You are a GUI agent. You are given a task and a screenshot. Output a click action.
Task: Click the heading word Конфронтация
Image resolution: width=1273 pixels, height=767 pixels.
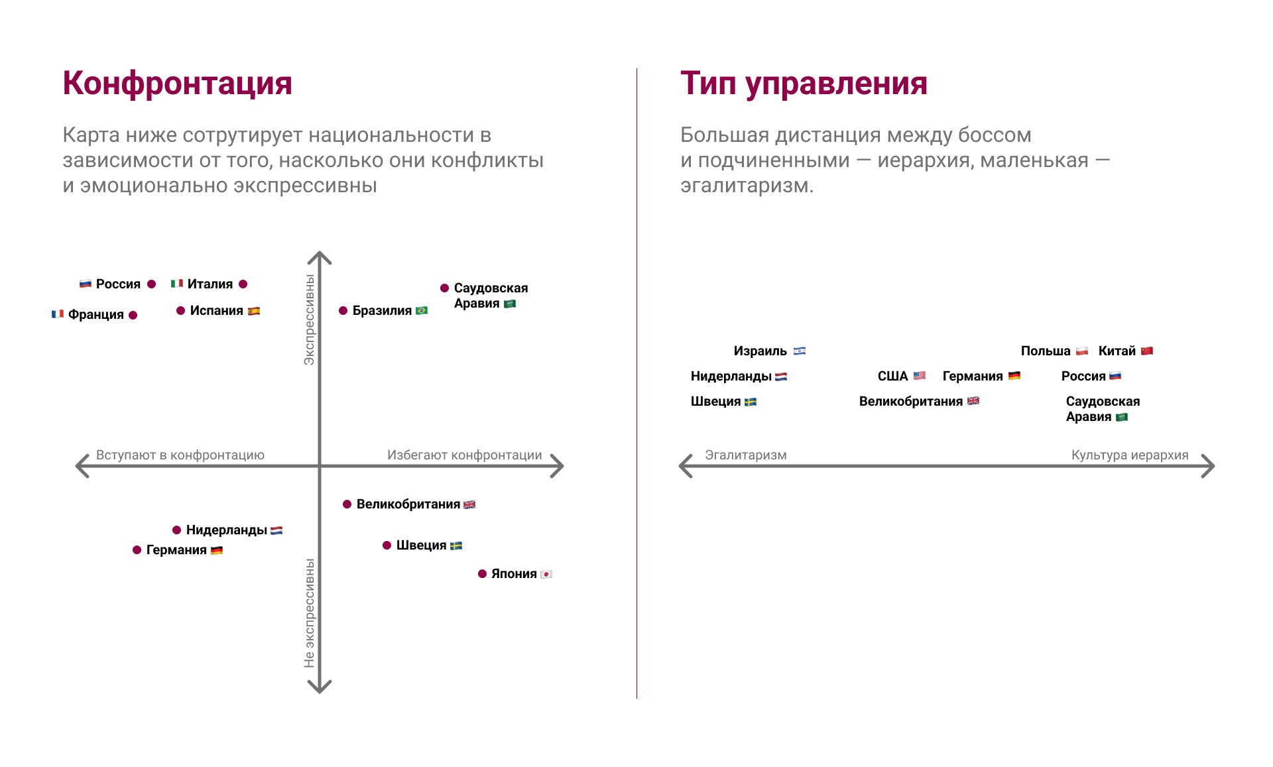pyautogui.click(x=177, y=84)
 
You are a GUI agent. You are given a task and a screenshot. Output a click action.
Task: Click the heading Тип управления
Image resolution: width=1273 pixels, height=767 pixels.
pyautogui.click(x=804, y=84)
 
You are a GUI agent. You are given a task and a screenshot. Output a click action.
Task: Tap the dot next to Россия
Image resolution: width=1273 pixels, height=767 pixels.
pyautogui.click(x=152, y=284)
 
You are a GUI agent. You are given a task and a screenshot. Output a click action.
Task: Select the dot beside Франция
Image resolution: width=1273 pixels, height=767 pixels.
pyautogui.click(x=133, y=316)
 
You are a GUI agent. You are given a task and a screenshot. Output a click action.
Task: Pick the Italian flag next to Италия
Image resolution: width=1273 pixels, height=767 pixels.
pyautogui.click(x=177, y=284)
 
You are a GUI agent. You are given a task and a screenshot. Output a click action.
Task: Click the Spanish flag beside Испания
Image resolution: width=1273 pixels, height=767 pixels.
pyautogui.click(x=254, y=311)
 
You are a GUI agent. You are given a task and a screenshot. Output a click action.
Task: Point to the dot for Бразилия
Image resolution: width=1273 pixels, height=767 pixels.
pyautogui.click(x=343, y=311)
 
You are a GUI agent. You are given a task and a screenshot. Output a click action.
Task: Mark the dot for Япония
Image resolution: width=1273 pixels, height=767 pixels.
pyautogui.click(x=483, y=574)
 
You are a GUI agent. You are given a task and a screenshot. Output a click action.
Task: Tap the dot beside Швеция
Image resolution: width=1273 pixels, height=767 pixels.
pyautogui.click(x=387, y=546)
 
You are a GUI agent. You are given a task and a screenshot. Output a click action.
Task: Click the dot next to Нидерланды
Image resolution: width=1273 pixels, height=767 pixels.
pyautogui.click(x=177, y=530)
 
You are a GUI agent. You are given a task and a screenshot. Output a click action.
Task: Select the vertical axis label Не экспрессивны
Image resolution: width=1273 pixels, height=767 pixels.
pyautogui.click(x=310, y=613)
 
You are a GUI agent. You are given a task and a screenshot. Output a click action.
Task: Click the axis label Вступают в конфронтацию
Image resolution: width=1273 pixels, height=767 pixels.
pyautogui.click(x=180, y=455)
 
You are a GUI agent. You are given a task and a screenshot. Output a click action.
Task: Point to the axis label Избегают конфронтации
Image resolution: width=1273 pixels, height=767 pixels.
pyautogui.click(x=465, y=455)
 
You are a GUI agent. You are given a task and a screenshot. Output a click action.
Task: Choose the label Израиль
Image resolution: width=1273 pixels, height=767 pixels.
pyautogui.click(x=760, y=351)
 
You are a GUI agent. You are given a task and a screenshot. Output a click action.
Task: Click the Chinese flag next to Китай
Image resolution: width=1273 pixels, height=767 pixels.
pyautogui.click(x=1147, y=351)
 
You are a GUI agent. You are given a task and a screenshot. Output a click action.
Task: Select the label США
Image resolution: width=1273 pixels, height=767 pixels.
pyautogui.click(x=892, y=377)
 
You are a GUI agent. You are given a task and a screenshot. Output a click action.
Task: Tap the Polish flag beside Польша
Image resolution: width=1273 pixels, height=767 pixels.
pyautogui.click(x=1082, y=351)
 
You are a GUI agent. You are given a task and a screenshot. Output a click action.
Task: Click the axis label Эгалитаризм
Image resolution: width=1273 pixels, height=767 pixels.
pyautogui.click(x=746, y=455)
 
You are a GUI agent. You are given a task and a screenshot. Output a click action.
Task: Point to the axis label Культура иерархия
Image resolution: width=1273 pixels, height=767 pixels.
pyautogui.click(x=1130, y=455)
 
